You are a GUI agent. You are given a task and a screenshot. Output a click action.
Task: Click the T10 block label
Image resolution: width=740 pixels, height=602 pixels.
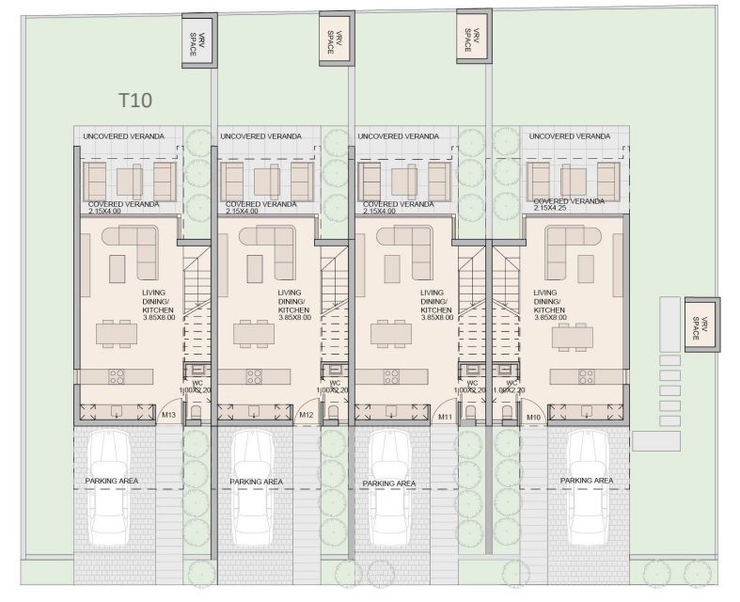(135, 101)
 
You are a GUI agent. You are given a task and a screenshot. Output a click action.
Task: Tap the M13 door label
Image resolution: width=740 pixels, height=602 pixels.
(168, 415)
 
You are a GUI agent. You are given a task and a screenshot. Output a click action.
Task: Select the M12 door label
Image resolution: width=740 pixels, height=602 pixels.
(307, 415)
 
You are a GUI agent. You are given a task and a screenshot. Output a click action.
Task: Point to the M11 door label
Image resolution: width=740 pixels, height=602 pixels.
(445, 417)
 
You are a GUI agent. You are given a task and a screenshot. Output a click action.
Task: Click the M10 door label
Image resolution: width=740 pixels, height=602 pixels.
(534, 418)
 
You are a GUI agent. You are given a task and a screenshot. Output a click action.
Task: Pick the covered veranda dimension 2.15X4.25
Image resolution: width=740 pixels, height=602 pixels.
(550, 208)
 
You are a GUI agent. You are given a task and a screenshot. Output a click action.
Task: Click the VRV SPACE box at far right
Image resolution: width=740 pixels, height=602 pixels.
(702, 325)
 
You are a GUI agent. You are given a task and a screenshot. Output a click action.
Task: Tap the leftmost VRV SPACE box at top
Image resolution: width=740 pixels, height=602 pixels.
(199, 40)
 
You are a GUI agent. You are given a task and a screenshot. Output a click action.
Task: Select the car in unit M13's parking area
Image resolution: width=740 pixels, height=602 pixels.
(110, 487)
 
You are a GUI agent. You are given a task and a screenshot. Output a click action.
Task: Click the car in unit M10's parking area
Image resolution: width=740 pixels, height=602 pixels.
(589, 487)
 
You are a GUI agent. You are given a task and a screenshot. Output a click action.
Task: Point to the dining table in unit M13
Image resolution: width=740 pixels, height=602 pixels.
(117, 334)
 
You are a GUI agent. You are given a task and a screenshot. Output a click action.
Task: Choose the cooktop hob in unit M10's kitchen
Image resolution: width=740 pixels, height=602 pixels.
(587, 377)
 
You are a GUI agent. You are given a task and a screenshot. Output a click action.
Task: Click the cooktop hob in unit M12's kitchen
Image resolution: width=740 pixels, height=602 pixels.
(254, 377)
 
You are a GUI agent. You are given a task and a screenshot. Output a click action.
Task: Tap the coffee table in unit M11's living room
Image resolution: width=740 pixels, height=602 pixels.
(392, 269)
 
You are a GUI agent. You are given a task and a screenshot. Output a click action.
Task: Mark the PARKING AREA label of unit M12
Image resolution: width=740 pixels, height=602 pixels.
(257, 482)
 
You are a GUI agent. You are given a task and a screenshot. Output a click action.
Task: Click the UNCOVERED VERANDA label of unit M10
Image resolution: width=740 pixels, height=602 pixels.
(570, 136)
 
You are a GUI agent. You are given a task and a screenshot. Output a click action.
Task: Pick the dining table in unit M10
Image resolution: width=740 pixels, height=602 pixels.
(573, 338)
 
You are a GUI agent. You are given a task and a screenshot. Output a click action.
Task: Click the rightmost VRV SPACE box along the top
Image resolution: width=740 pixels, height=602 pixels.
(474, 36)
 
